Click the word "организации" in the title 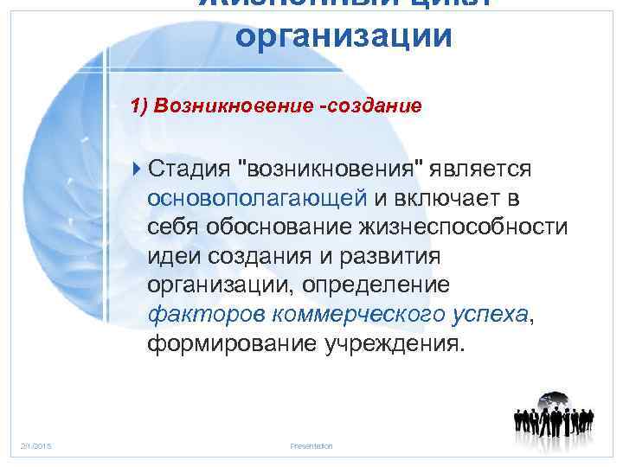click(344, 37)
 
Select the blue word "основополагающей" click(258, 197)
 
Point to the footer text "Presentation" click(311, 446)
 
